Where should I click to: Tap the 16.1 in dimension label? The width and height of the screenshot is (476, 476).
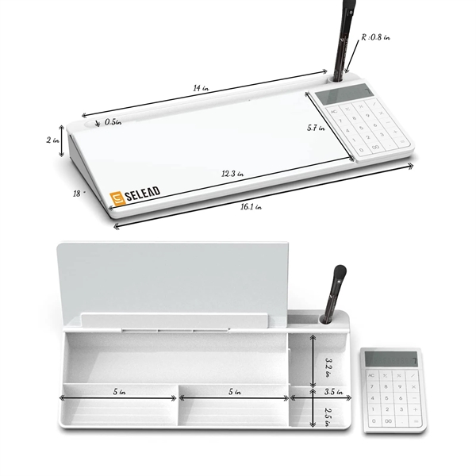(253, 206)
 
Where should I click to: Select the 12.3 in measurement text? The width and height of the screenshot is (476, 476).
(232, 173)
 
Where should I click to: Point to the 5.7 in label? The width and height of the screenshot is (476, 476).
(317, 127)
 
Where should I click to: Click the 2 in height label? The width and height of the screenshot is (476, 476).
(53, 140)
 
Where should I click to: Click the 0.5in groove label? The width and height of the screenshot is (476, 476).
(113, 122)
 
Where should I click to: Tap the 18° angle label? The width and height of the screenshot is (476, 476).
(76, 193)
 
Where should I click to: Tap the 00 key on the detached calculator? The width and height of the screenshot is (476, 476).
(387, 420)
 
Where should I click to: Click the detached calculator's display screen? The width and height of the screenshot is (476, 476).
(390, 359)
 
